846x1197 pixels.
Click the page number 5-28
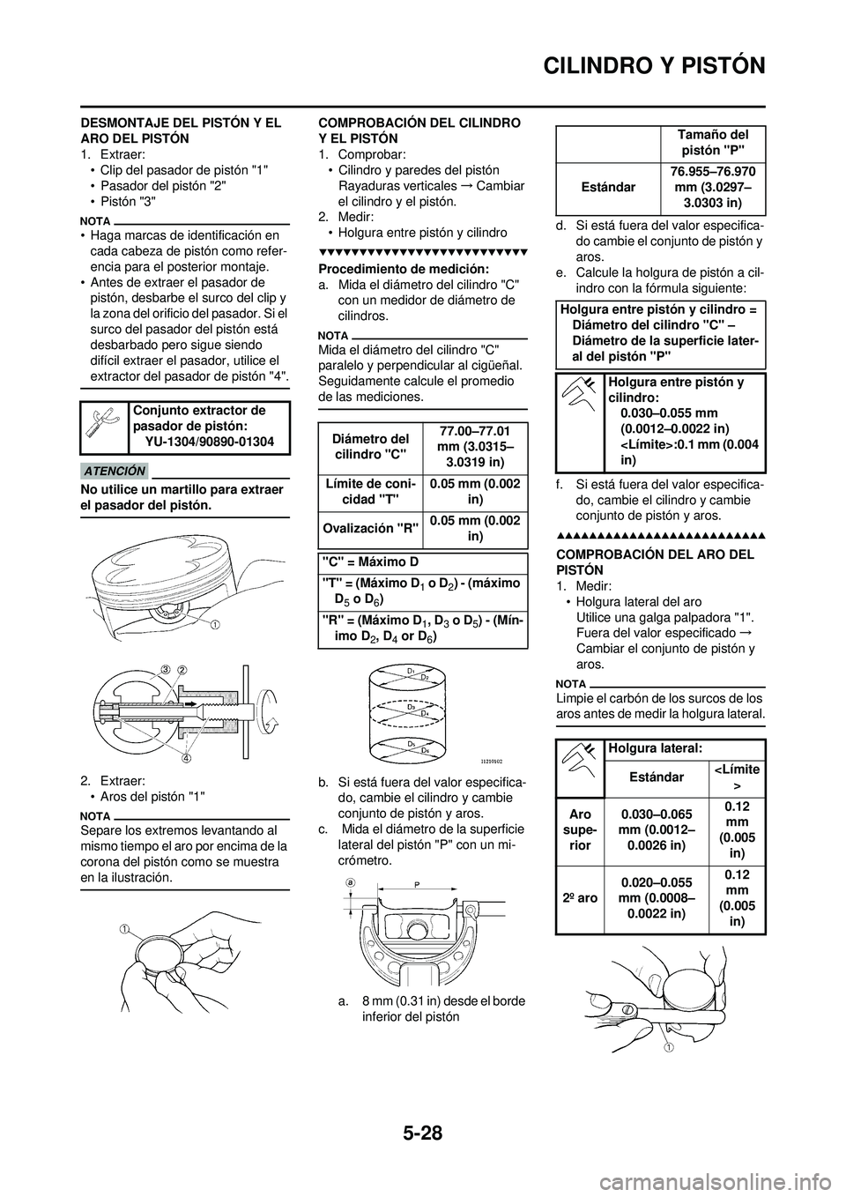[x=422, y=1130]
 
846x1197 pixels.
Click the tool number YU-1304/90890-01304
[x=209, y=441]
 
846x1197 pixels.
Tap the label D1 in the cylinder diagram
[x=411, y=672]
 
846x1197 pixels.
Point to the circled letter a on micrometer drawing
[x=351, y=881]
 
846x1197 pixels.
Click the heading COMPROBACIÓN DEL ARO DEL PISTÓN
[x=655, y=561]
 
